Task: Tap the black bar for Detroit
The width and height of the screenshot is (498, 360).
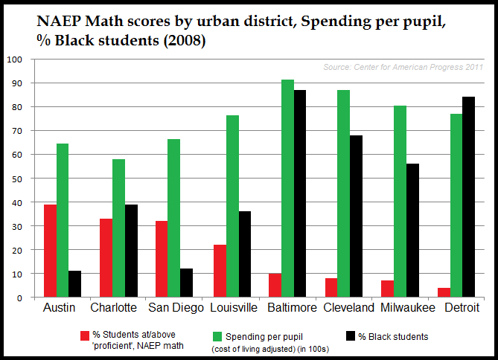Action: point(468,197)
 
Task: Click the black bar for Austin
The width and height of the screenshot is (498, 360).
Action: point(74,284)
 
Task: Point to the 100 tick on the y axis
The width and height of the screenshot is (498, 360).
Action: point(14,59)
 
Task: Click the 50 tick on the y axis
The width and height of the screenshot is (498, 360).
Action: point(17,179)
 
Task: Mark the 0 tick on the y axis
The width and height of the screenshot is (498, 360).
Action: point(20,298)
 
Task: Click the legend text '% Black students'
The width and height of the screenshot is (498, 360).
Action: point(394,336)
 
